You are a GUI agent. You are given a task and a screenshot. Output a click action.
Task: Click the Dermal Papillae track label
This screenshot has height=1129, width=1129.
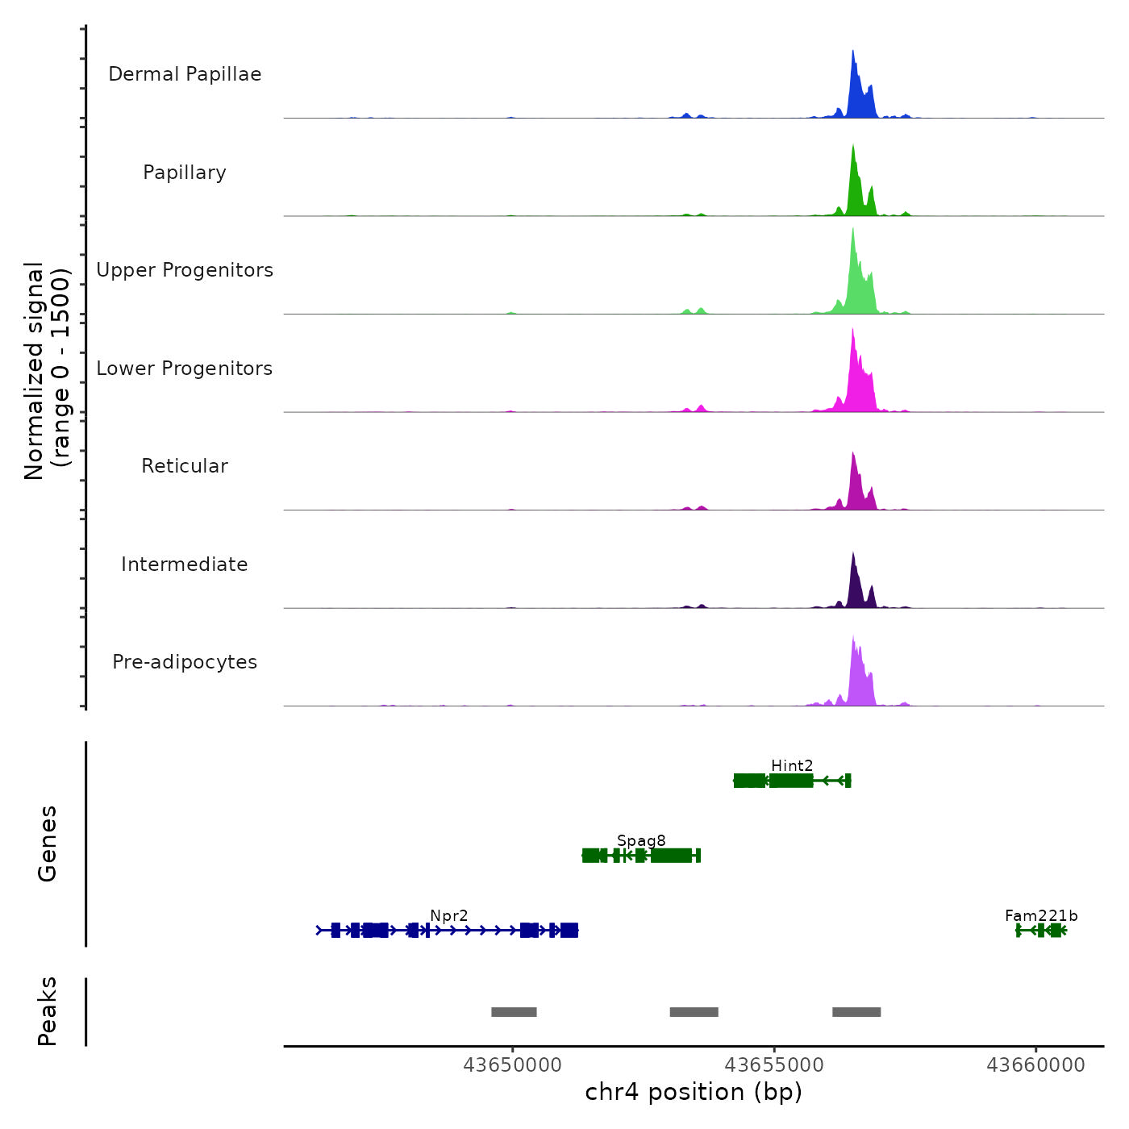pyautogui.click(x=185, y=74)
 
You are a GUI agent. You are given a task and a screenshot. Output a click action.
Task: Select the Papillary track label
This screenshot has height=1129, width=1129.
pyautogui.click(x=185, y=173)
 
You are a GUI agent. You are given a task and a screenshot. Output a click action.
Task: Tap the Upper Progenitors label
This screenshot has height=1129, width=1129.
pyautogui.click(x=185, y=270)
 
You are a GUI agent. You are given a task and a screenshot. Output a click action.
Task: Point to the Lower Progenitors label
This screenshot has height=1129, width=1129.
pyautogui.click(x=185, y=369)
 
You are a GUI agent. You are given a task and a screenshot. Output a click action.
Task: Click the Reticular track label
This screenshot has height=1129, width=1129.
pyautogui.click(x=185, y=466)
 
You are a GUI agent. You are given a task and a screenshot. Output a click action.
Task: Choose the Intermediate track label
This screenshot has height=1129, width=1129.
pyautogui.click(x=185, y=564)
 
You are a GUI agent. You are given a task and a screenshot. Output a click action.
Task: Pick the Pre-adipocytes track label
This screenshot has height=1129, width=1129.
pyautogui.click(x=185, y=662)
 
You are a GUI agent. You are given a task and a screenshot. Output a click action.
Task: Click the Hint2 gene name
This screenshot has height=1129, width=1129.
pyautogui.click(x=792, y=765)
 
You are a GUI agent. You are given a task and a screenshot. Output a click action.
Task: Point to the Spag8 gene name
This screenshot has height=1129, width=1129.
pyautogui.click(x=641, y=840)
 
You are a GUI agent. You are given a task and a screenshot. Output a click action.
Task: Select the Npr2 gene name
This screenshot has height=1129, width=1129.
pyautogui.click(x=448, y=915)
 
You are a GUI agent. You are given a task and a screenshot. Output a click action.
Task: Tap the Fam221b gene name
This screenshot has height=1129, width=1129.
pyautogui.click(x=1041, y=915)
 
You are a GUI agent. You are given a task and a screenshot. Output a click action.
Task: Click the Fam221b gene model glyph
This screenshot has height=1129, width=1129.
pyautogui.click(x=1042, y=931)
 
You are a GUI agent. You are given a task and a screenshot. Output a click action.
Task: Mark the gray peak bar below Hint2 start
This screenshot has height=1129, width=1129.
pyautogui.click(x=856, y=1012)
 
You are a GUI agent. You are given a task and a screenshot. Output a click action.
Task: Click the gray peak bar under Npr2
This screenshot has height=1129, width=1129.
pyautogui.click(x=514, y=1012)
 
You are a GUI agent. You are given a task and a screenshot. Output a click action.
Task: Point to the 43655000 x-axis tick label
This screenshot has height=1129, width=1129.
pyautogui.click(x=774, y=1065)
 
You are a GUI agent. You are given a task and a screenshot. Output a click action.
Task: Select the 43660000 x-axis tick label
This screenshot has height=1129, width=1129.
pyautogui.click(x=1035, y=1065)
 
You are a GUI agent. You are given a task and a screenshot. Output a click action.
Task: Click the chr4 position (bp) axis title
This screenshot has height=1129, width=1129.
pyautogui.click(x=694, y=1092)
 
